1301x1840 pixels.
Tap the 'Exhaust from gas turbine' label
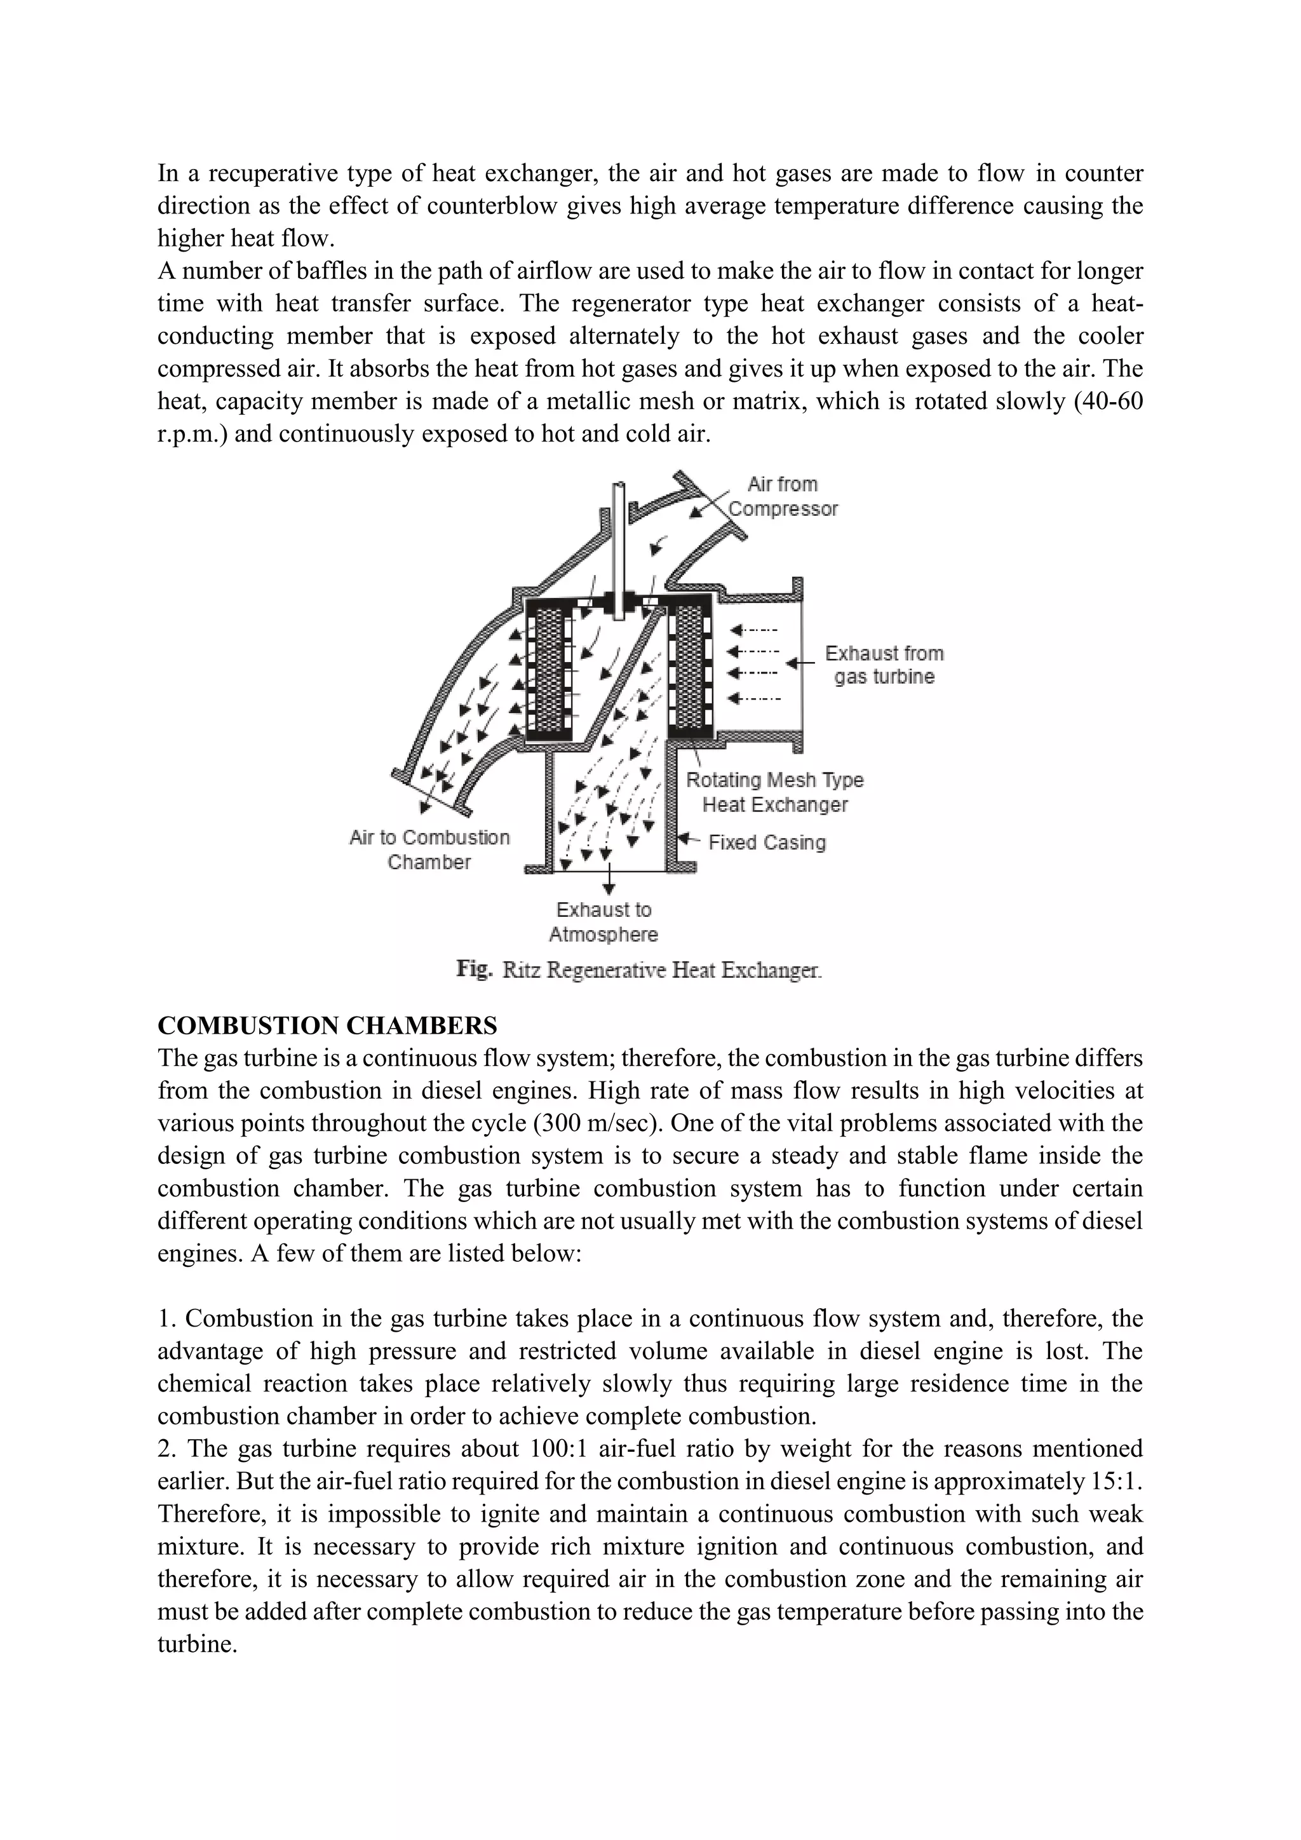[884, 665]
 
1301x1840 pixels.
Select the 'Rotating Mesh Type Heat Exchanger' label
[774, 792]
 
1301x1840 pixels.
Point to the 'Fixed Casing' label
[767, 842]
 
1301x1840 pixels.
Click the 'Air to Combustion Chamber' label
[429, 849]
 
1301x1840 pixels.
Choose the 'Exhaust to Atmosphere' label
[603, 922]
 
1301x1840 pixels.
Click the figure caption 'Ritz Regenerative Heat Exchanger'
[662, 970]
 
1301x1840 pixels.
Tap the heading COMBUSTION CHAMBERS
[327, 1025]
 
